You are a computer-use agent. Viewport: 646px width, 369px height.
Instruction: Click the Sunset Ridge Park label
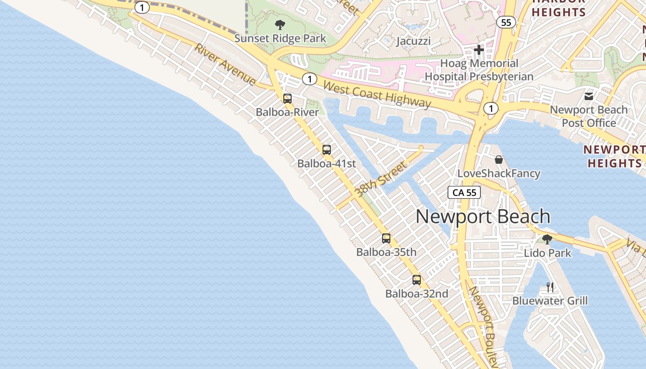click(x=280, y=38)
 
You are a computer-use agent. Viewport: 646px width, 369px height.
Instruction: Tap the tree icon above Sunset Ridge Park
click(x=280, y=25)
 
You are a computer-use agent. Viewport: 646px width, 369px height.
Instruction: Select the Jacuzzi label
click(x=413, y=41)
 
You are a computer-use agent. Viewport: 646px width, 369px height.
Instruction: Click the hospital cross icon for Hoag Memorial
click(x=479, y=50)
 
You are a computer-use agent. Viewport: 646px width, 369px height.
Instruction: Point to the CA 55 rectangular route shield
click(x=464, y=192)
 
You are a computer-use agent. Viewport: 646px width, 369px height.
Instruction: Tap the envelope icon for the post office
click(x=589, y=96)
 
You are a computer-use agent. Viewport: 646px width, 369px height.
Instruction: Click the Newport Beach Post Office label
click(x=589, y=116)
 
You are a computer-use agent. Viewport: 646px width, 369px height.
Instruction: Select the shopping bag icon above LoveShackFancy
click(x=499, y=160)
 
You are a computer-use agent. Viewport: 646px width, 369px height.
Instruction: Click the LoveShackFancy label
click(x=499, y=173)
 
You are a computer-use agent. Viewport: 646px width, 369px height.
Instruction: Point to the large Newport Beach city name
click(x=483, y=216)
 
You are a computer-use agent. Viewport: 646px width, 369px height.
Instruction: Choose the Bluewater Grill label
click(x=550, y=301)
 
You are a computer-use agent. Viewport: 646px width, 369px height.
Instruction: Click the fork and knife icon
click(x=550, y=287)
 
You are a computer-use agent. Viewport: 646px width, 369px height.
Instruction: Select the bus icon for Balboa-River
click(x=287, y=98)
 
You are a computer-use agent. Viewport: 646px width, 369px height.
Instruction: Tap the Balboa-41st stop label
click(x=327, y=163)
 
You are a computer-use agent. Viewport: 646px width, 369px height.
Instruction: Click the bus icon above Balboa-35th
click(x=386, y=238)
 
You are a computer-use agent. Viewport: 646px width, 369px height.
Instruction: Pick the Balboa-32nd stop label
click(x=417, y=293)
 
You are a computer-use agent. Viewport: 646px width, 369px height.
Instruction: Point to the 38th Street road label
click(x=381, y=179)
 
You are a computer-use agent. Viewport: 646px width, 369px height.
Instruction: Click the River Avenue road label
click(x=225, y=65)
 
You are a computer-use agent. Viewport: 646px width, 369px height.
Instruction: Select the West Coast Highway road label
click(x=377, y=94)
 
